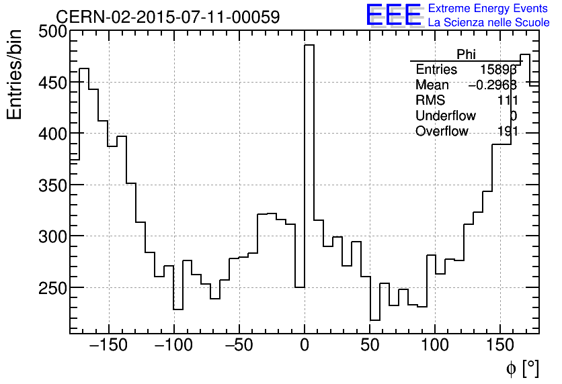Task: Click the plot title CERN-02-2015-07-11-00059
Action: point(167,17)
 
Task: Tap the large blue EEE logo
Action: point(393,15)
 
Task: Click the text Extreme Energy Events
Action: point(488,9)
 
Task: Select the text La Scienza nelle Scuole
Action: point(488,23)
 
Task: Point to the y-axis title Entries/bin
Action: point(15,75)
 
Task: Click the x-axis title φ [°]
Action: point(522,368)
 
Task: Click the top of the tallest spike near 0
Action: point(309,45)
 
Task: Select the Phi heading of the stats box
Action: point(466,54)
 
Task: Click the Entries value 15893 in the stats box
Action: point(498,70)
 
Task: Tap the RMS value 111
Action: point(507,101)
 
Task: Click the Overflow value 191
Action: point(507,132)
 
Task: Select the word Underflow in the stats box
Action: point(445,116)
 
